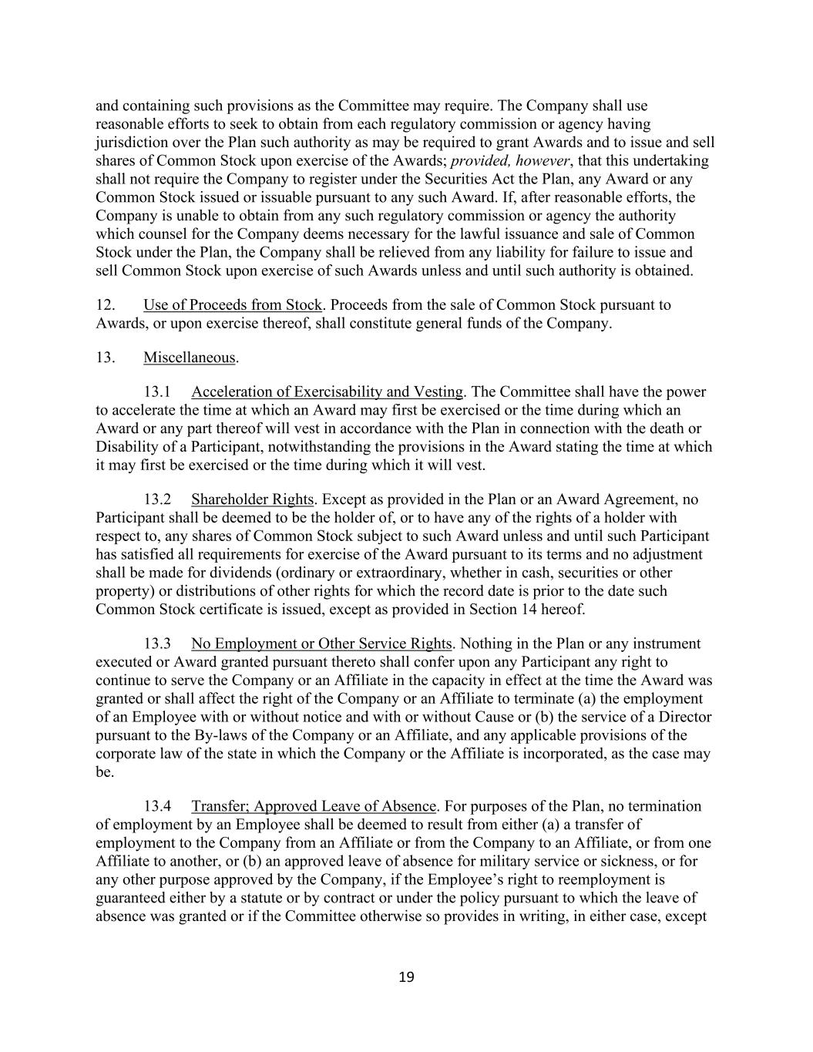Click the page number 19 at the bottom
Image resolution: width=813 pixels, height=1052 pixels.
407,978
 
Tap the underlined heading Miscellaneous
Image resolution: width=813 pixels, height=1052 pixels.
190,358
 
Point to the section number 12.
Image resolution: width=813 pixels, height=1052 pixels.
106,304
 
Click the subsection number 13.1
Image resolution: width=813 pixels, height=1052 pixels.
157,392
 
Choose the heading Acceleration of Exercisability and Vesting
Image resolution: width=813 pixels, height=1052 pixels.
328,392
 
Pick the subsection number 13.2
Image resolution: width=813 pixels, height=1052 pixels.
157,499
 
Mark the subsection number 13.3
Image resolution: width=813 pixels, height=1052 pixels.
157,644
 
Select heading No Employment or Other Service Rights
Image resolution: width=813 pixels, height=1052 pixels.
321,644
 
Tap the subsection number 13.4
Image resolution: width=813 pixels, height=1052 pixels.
157,806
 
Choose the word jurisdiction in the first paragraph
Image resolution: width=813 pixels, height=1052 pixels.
132,143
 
